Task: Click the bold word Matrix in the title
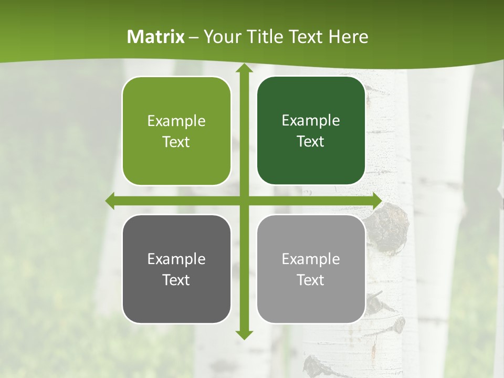(x=156, y=37)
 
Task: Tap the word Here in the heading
(x=348, y=37)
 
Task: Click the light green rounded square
(x=176, y=131)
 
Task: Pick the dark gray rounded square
(x=176, y=269)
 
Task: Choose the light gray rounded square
(x=311, y=269)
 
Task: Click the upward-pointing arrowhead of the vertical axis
(x=244, y=68)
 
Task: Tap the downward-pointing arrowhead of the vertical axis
(x=244, y=335)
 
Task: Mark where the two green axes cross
(x=244, y=201)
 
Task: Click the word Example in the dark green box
(x=311, y=121)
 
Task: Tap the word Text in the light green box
(x=176, y=142)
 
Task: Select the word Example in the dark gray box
(x=176, y=259)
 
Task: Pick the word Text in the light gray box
(x=311, y=280)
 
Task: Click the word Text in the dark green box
(x=311, y=142)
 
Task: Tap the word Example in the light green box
(x=176, y=121)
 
